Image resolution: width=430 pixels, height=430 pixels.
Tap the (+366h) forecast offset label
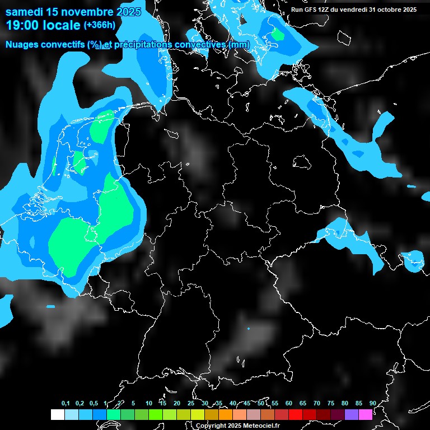[101, 25]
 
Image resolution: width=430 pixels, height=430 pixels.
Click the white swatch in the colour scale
[57, 414]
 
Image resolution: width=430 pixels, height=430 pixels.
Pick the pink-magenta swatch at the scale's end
[365, 414]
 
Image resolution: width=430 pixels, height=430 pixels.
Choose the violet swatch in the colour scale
[351, 414]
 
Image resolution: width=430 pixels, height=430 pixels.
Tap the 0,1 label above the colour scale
[66, 404]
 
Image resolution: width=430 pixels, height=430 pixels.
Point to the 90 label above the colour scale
[372, 404]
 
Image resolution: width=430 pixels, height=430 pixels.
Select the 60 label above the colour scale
[289, 404]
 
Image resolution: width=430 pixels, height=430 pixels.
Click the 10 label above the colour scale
[149, 404]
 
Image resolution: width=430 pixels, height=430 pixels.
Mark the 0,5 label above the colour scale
[94, 404]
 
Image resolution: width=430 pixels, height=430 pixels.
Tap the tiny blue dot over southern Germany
[248, 329]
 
